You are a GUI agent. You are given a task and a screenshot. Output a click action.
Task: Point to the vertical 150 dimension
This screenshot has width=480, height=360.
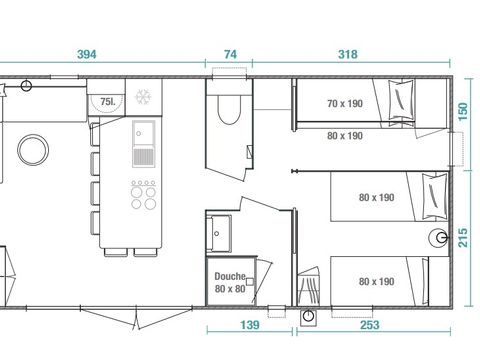pos(462,112)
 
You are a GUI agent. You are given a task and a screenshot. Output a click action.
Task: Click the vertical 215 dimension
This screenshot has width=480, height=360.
pos(462,238)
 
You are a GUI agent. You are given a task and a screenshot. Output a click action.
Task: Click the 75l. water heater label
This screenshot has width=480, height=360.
pos(105,101)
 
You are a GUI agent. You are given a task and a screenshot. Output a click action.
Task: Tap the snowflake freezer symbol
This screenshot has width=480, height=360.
pos(143,99)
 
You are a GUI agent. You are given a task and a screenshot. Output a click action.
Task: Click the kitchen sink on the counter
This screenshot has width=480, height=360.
pos(143,145)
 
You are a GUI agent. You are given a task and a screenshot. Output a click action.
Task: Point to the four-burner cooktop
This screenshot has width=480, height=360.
pos(144,194)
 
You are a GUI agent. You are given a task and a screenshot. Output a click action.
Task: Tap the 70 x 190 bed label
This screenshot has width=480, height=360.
pos(344,103)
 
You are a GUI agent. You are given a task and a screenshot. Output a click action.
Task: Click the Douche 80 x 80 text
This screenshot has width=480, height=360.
pos(229,282)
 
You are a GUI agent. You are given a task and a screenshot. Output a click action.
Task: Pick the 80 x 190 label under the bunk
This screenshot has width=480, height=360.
pos(344,136)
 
